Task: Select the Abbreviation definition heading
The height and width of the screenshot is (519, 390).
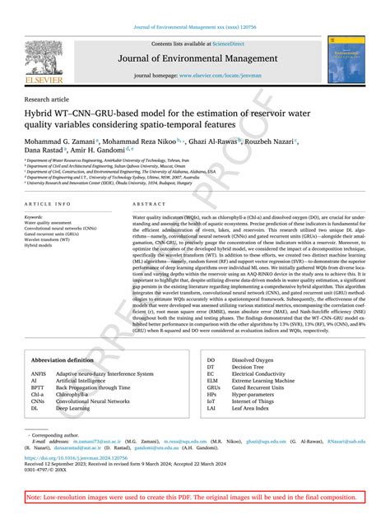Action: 63,361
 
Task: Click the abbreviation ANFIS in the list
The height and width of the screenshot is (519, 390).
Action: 40,374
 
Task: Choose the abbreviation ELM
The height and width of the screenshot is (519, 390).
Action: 212,381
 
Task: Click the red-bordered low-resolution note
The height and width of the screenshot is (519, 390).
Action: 194,498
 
